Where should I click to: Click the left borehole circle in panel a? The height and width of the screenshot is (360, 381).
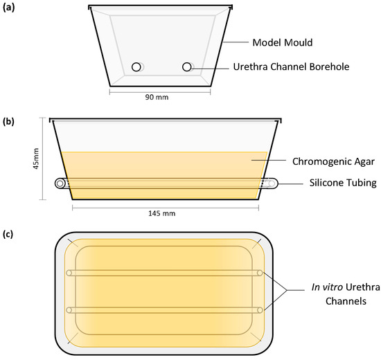click(x=137, y=66)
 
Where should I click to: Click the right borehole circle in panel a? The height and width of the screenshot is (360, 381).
click(x=186, y=66)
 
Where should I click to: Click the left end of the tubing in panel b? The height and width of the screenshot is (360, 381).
click(x=60, y=183)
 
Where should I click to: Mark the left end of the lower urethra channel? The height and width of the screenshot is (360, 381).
click(x=69, y=309)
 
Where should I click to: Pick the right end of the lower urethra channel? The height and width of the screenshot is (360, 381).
click(x=259, y=309)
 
